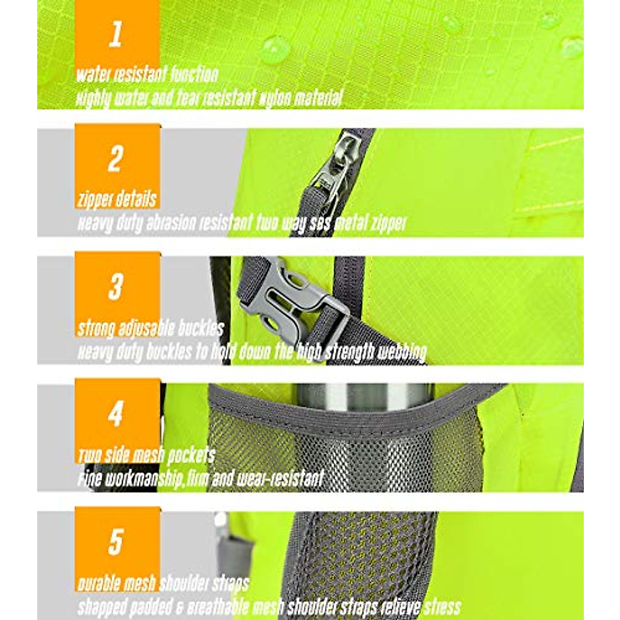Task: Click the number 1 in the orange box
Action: click(116, 35)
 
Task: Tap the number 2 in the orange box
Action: click(116, 159)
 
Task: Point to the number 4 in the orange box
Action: click(116, 414)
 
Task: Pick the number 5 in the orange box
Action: click(116, 541)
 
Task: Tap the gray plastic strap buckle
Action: click(289, 305)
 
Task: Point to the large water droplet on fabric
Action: click(275, 49)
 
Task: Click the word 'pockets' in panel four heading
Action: click(191, 455)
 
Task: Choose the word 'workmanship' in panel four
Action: click(143, 479)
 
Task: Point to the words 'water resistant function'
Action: click(147, 74)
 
